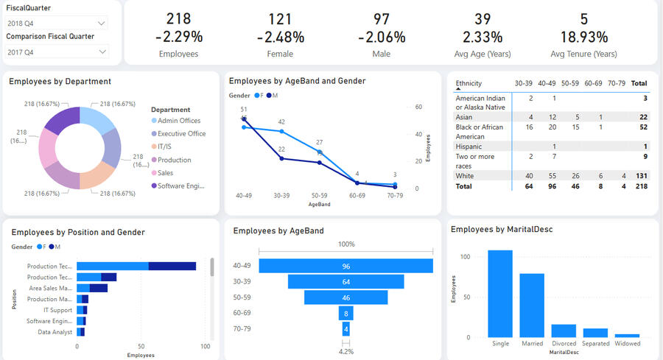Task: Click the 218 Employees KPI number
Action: pos(178,19)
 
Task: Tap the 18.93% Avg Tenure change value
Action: pos(583,37)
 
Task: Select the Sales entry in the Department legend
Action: pos(166,173)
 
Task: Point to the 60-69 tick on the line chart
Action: pos(357,196)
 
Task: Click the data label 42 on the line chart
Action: pos(281,122)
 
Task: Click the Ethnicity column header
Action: pos(469,83)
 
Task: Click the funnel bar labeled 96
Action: pos(345,266)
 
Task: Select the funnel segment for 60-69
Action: pos(345,314)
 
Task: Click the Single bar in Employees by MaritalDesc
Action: pos(500,294)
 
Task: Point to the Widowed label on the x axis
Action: pos(628,344)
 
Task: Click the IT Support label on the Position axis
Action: pos(57,310)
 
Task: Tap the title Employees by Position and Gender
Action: pos(78,233)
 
